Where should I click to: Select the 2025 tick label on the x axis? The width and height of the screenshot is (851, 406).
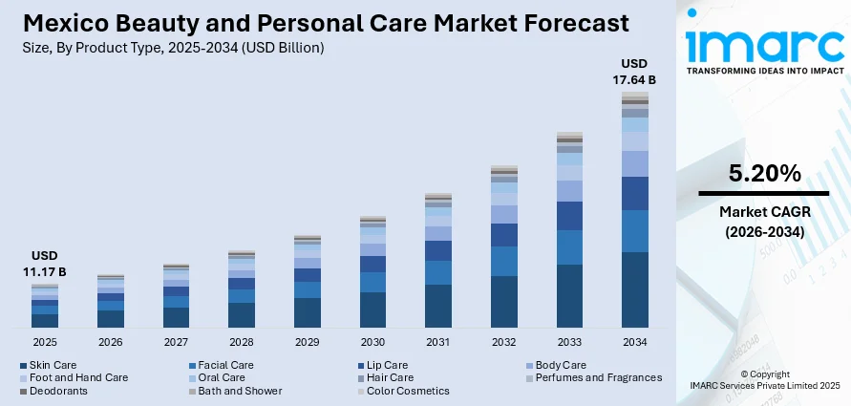[45, 341]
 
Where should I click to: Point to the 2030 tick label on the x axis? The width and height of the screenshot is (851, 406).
[372, 341]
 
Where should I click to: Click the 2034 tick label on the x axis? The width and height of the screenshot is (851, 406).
[634, 341]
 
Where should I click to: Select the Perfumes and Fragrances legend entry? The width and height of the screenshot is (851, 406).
[594, 377]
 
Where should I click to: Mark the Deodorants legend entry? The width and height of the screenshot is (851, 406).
[57, 391]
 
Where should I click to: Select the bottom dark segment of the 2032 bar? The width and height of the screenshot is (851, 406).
[503, 302]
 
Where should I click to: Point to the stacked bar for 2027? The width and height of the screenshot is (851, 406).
[176, 296]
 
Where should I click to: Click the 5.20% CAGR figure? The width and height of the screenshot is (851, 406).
[764, 173]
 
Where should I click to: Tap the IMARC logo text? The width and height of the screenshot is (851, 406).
[764, 43]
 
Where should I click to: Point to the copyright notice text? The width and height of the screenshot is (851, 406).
[764, 379]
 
